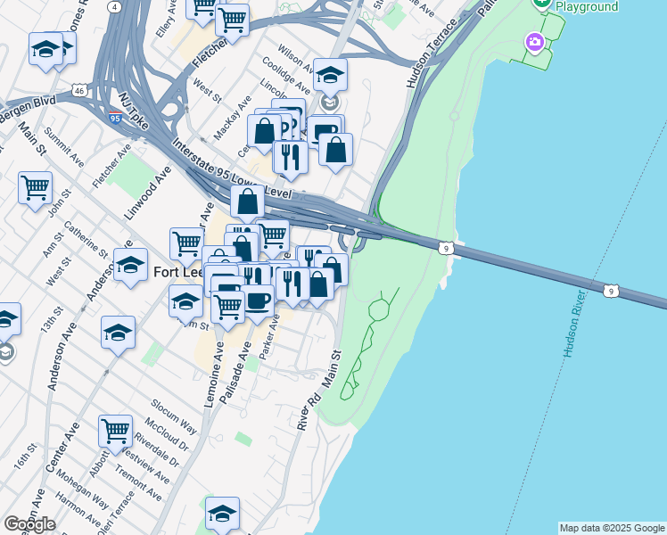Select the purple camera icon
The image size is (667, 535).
[x=534, y=42]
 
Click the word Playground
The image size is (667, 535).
[x=586, y=7]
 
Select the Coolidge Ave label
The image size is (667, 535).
[x=286, y=76]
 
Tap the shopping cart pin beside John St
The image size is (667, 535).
[x=35, y=188]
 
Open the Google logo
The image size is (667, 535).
[x=29, y=524]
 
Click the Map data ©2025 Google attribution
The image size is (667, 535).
[x=612, y=528]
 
